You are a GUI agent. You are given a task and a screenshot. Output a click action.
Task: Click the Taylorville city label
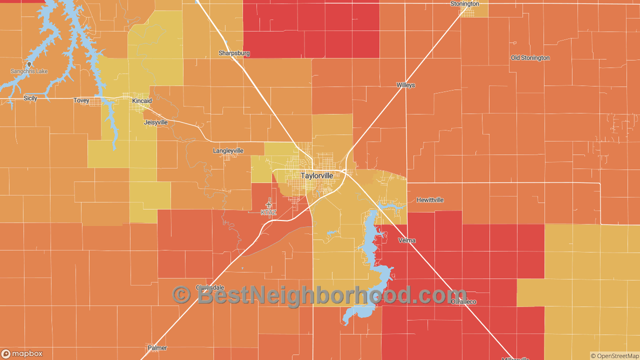(316, 176)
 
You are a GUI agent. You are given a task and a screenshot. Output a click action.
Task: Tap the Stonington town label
(464, 4)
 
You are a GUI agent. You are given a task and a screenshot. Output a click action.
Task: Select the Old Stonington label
(530, 58)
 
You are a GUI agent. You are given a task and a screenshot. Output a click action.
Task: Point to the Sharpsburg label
(234, 53)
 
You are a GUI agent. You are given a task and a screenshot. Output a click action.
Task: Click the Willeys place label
(405, 85)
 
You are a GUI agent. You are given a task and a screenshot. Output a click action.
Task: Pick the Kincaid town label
(141, 101)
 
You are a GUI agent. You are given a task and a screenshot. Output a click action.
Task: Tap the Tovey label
(81, 101)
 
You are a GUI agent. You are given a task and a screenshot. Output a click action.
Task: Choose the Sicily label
(30, 98)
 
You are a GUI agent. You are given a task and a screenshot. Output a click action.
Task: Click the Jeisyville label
(155, 122)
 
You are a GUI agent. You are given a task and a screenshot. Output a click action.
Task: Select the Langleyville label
(228, 151)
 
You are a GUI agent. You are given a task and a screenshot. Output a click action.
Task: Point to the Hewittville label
(430, 200)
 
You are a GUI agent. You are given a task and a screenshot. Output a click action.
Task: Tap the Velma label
(407, 240)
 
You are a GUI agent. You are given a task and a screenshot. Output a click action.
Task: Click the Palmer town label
(157, 348)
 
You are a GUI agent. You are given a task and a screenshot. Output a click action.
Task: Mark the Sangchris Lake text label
(29, 71)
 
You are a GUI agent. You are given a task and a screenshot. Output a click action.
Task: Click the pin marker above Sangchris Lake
(29, 64)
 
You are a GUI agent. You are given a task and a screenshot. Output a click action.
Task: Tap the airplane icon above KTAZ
(268, 204)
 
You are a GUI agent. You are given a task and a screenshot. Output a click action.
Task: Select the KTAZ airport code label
(268, 212)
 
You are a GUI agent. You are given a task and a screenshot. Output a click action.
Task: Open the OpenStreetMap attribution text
(614, 356)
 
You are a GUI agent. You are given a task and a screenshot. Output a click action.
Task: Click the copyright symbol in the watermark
(181, 295)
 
